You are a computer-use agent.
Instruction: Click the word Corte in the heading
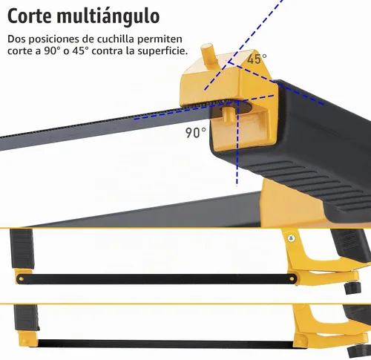30,16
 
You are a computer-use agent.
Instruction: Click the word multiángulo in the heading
108,17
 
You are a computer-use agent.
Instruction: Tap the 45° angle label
257,59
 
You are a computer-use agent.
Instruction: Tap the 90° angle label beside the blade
196,133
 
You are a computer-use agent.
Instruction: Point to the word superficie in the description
162,51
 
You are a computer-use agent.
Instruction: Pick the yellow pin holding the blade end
229,114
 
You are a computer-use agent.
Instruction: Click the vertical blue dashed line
237,143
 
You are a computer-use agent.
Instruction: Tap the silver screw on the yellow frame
292,238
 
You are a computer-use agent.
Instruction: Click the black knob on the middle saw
352,287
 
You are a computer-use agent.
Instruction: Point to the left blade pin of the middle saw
22,279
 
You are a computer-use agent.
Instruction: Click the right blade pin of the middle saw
292,279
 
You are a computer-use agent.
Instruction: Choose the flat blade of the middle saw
157,279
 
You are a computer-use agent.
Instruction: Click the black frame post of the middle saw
22,249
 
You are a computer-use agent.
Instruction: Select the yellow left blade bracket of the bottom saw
28,338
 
